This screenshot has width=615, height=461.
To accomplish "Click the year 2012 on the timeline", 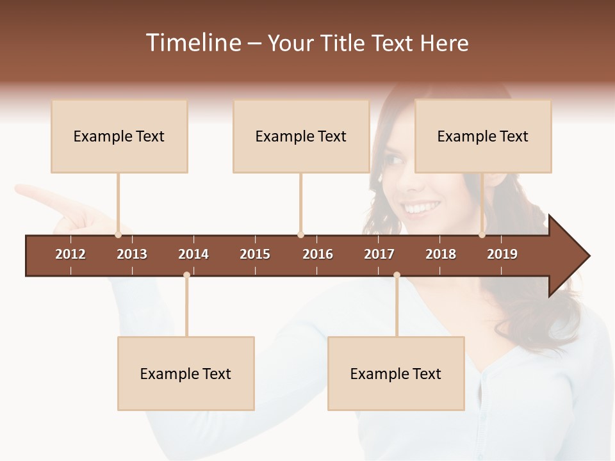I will pyautogui.click(x=70, y=254).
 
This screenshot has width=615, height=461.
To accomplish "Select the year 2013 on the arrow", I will pyautogui.click(x=132, y=254).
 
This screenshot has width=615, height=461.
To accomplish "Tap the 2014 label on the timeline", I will pyautogui.click(x=193, y=254).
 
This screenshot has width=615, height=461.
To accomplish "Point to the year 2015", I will pyautogui.click(x=255, y=254).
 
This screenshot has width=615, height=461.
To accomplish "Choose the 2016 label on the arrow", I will pyautogui.click(x=318, y=254).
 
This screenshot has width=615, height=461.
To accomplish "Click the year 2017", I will pyautogui.click(x=379, y=254).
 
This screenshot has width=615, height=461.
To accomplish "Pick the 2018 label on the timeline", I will pyautogui.click(x=441, y=254).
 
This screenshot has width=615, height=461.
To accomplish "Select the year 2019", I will pyautogui.click(x=502, y=254).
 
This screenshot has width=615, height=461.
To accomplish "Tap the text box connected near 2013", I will pyautogui.click(x=119, y=136).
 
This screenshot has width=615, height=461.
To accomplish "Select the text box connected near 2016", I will pyautogui.click(x=301, y=136).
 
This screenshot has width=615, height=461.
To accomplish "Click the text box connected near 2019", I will pyautogui.click(x=483, y=136).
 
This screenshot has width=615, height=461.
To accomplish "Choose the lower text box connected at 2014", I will pyautogui.click(x=186, y=374).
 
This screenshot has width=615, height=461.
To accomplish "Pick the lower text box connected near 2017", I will pyautogui.click(x=396, y=374).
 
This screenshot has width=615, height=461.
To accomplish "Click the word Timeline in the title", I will pyautogui.click(x=192, y=43).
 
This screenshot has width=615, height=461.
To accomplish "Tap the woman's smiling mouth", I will pyautogui.click(x=422, y=207).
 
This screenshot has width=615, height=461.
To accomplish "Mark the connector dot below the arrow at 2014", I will pyautogui.click(x=186, y=275).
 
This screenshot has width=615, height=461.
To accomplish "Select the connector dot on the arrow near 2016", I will pyautogui.click(x=300, y=235).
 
